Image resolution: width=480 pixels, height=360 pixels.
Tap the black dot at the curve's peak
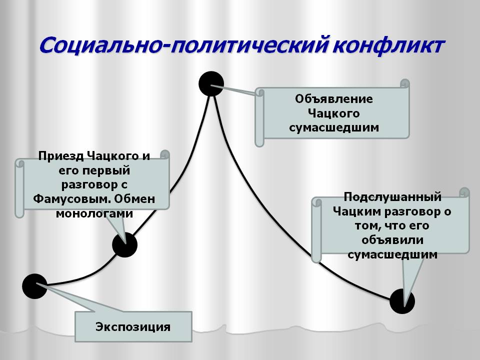(211, 83)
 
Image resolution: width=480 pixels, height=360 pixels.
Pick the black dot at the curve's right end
(402, 301)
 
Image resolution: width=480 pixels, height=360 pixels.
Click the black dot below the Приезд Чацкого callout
(124, 244)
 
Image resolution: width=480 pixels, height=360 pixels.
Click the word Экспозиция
(133, 327)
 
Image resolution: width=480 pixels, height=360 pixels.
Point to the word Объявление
(333, 98)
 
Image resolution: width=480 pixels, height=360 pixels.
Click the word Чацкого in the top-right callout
(334, 112)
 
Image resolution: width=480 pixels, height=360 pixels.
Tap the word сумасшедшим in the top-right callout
(334, 127)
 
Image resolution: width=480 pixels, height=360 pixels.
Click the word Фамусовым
(70, 199)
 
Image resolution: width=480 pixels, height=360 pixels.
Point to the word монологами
(94, 213)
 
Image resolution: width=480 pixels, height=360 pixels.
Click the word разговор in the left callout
(86, 184)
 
